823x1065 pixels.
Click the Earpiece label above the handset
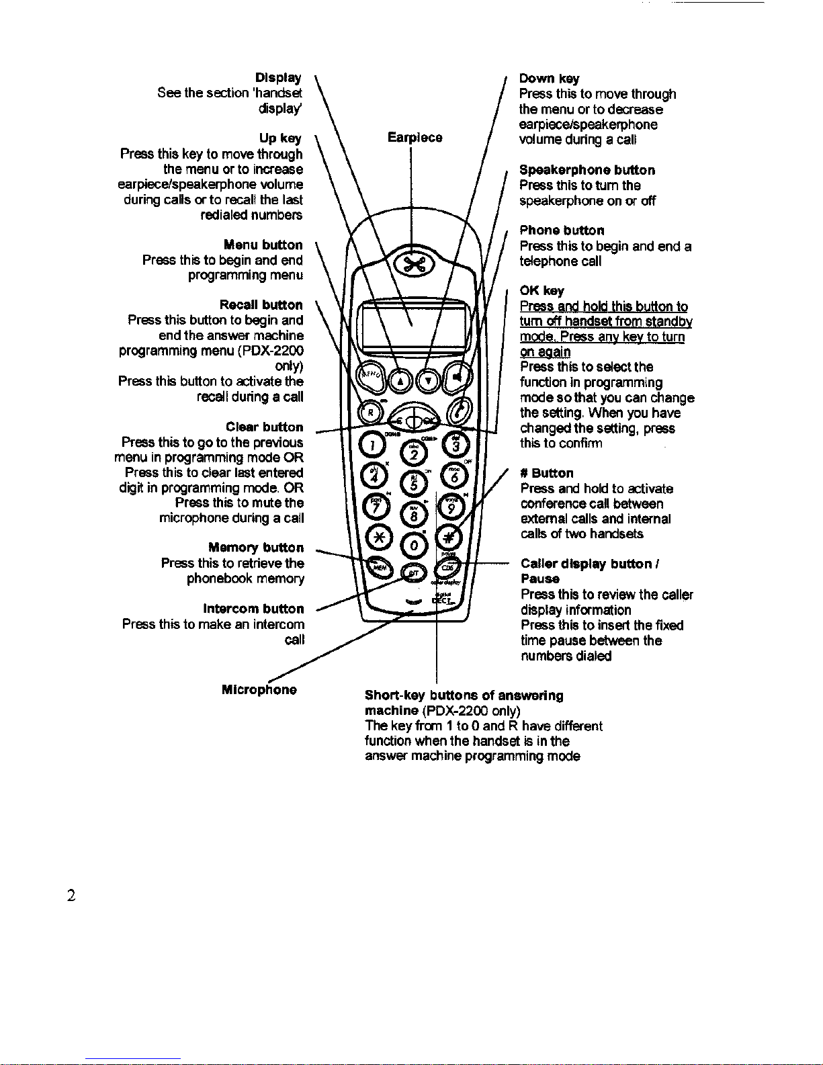click(415, 138)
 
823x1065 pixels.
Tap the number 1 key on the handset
click(373, 444)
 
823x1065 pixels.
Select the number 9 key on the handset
click(451, 508)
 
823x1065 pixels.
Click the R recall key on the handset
click(370, 412)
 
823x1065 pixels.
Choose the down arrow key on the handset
click(428, 381)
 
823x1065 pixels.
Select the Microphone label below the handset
click(259, 690)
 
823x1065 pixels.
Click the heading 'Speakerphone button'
click(587, 170)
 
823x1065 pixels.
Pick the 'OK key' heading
click(542, 291)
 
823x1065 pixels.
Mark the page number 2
click(71, 895)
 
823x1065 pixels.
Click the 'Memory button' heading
click(256, 548)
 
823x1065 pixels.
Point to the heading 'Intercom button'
click(253, 609)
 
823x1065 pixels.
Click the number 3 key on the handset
click(456, 444)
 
